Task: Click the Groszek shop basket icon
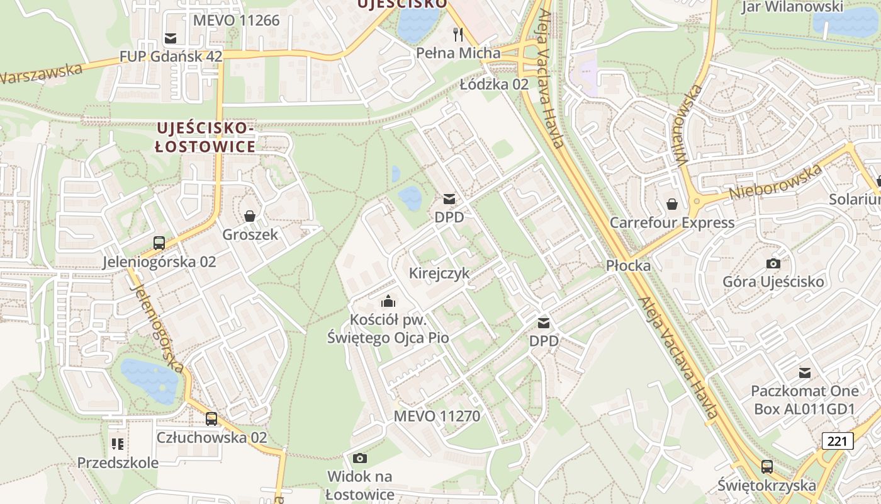250,216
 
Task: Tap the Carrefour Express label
672,222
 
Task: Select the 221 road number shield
837,441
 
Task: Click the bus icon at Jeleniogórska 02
159,243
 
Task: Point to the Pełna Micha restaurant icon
458,34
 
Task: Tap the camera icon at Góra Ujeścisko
773,263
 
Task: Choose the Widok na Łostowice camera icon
360,458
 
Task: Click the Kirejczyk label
439,273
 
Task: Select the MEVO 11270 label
437,416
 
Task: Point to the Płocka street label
628,265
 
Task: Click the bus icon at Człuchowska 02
211,418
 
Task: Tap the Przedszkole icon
118,444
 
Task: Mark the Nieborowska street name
775,182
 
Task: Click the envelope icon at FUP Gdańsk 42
170,38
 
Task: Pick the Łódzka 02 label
494,84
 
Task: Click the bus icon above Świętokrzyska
766,467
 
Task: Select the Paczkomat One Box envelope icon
804,372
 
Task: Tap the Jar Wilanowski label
792,7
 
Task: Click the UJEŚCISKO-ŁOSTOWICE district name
206,137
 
